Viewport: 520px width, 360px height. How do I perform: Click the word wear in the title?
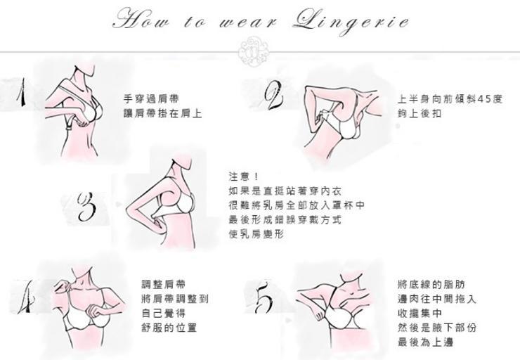click(247, 22)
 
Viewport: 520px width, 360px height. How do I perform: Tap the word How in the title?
click(141, 19)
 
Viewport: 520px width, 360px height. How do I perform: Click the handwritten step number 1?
click(22, 92)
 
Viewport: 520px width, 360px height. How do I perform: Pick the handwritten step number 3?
click(87, 207)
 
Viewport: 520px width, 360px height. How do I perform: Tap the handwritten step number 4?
click(27, 297)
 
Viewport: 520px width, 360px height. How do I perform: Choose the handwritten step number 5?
click(264, 297)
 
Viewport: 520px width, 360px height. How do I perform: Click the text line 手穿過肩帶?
click(151, 99)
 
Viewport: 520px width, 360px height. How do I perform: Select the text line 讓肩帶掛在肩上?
click(163, 113)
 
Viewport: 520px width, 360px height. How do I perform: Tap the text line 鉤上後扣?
click(420, 113)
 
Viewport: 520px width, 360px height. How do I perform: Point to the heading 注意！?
click(243, 176)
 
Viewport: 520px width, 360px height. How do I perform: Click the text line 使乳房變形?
click(256, 234)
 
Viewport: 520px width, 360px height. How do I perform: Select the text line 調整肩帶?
click(164, 284)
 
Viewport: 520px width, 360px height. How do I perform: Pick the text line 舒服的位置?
click(169, 328)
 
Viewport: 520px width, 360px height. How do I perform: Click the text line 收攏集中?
click(420, 313)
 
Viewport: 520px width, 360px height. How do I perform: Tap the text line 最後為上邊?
click(425, 342)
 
